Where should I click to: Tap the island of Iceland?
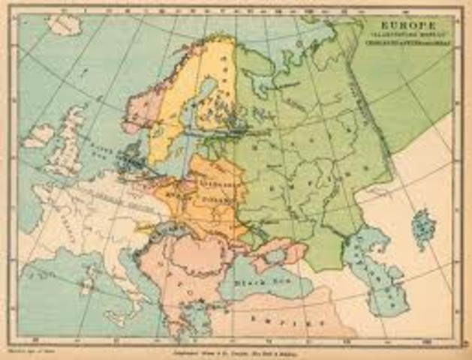(38, 136)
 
